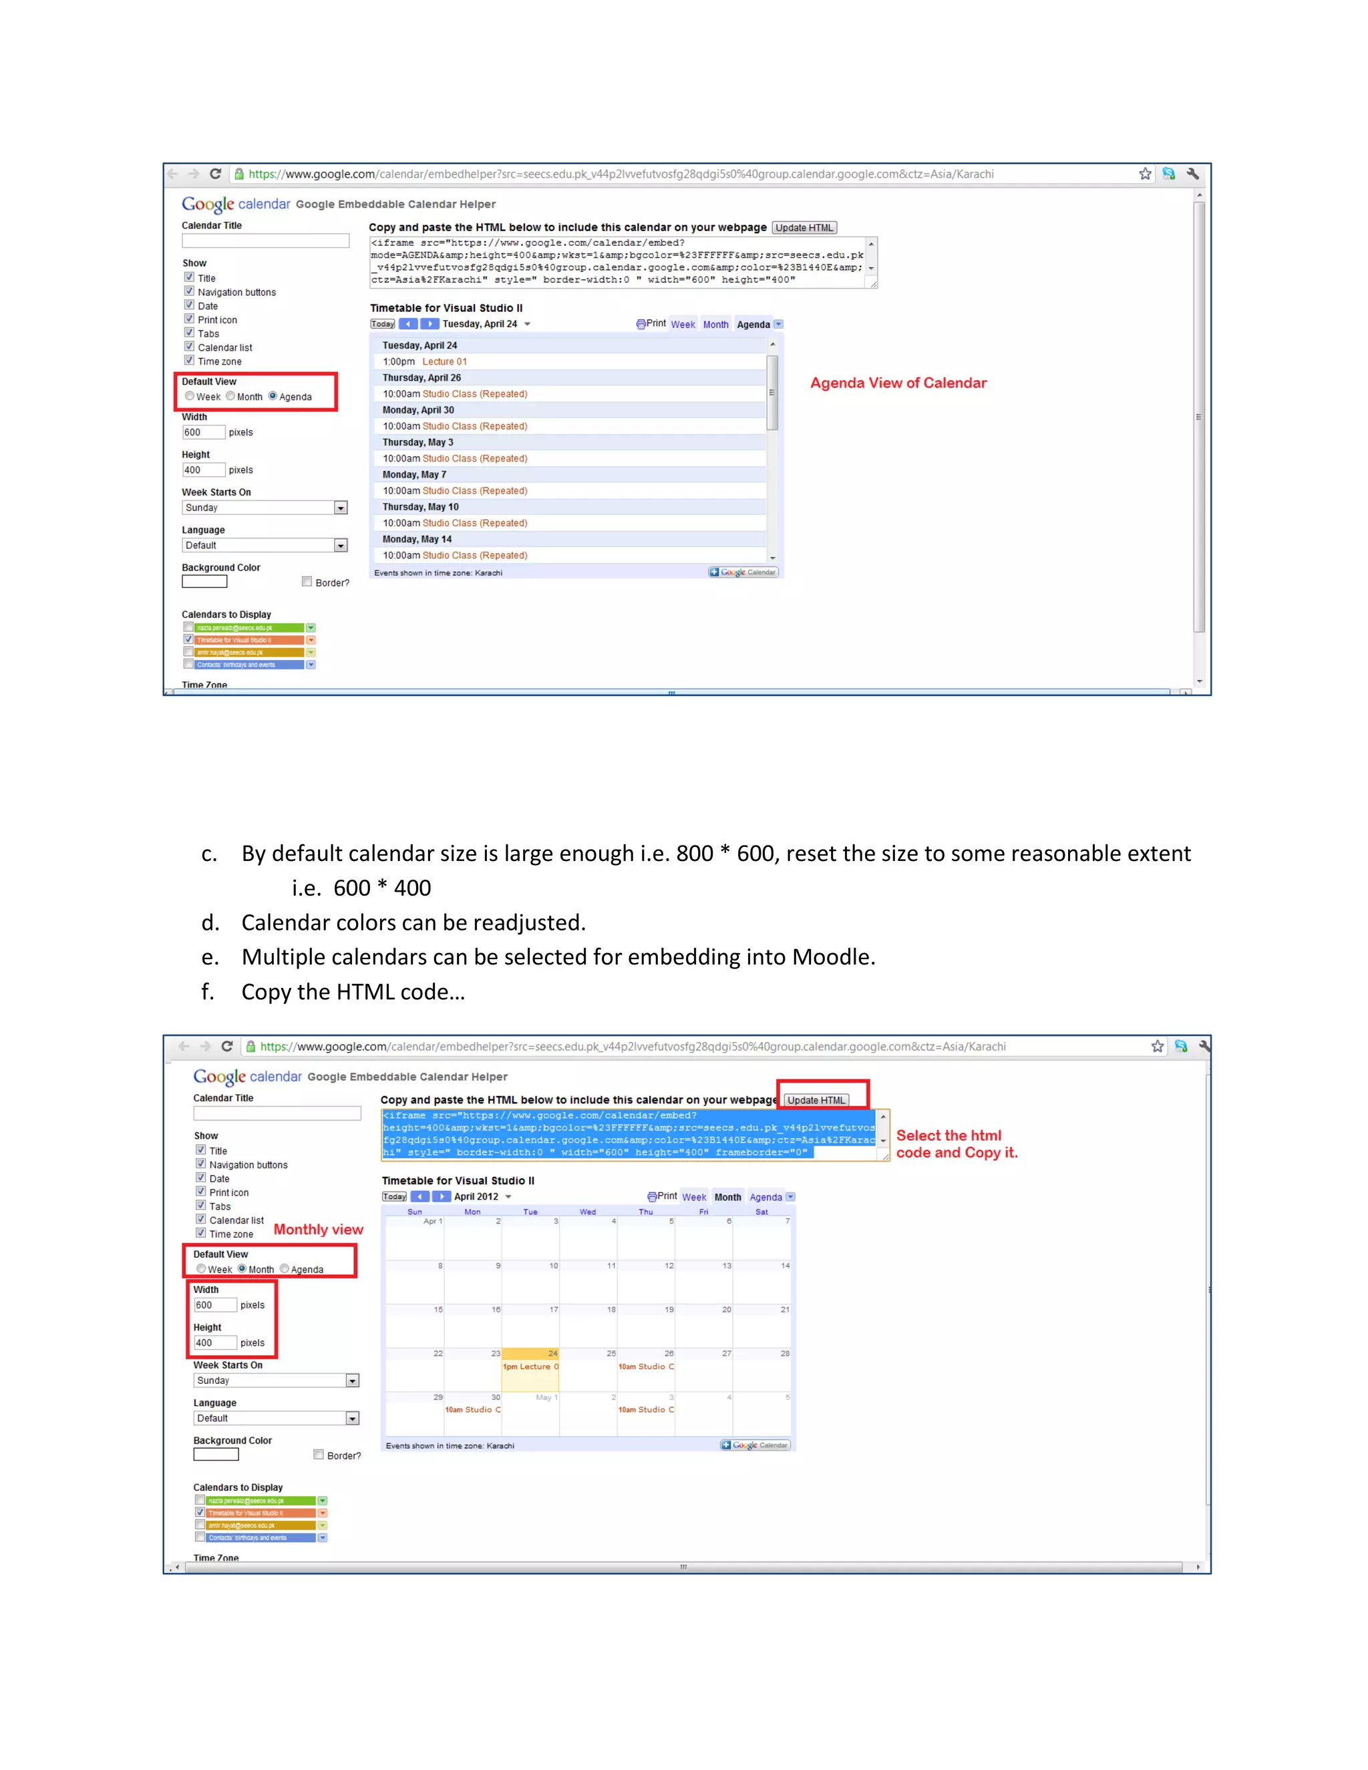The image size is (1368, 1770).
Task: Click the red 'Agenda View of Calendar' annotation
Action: [x=898, y=383]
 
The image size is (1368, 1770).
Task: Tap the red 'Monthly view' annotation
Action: [x=318, y=1230]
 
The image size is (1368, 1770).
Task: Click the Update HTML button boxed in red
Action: [x=816, y=1100]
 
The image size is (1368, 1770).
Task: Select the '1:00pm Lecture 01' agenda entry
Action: [x=425, y=361]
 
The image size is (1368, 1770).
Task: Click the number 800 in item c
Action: [x=695, y=854]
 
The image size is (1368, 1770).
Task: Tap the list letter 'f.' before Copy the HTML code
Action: [x=208, y=992]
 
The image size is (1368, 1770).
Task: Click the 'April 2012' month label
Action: [x=476, y=1197]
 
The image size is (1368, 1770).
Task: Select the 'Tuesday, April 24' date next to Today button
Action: [x=480, y=324]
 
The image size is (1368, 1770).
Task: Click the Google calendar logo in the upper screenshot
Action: [x=235, y=204]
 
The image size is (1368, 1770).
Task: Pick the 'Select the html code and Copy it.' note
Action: [x=957, y=1144]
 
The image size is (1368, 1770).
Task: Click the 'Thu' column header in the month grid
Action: [x=645, y=1212]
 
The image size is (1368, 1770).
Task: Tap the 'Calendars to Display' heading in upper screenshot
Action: [x=226, y=615]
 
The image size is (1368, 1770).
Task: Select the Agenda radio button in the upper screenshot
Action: [x=273, y=396]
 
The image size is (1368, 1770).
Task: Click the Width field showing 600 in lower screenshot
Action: [x=215, y=1305]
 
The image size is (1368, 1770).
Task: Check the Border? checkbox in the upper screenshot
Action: [x=307, y=582]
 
